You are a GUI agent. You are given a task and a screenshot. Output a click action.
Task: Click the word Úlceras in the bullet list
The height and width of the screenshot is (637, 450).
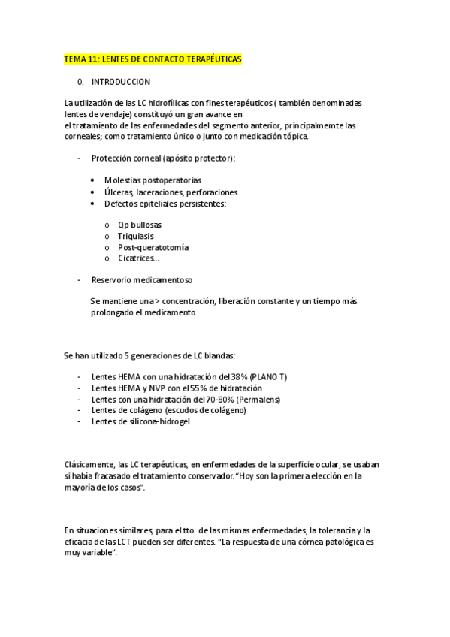tap(119, 192)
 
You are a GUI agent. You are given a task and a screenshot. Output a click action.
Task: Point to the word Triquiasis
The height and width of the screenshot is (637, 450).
tap(135, 236)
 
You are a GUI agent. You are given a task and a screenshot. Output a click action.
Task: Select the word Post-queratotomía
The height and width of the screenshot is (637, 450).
tap(153, 247)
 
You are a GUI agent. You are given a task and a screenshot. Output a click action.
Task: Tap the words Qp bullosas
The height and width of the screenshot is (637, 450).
tap(139, 225)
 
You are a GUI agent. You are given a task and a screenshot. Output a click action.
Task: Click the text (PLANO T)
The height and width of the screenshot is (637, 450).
tap(268, 376)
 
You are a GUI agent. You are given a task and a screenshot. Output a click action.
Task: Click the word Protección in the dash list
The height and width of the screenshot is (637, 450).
tap(110, 158)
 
